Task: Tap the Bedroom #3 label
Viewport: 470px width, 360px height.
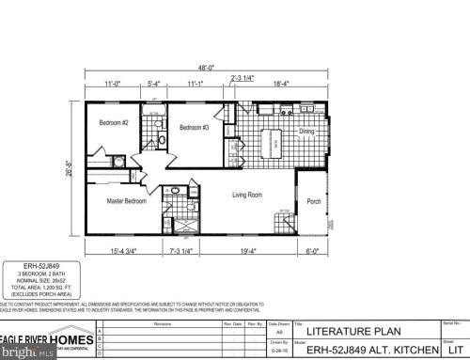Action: click(193, 127)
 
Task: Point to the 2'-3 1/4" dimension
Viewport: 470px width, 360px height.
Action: click(244, 77)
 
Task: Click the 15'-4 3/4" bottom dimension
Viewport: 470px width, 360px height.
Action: click(125, 250)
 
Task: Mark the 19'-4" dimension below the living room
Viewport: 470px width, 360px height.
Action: click(248, 250)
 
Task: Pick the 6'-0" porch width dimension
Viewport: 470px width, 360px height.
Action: click(313, 250)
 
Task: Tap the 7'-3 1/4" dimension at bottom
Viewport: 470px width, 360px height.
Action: click(182, 250)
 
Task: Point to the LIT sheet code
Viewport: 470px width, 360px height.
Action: click(452, 348)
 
